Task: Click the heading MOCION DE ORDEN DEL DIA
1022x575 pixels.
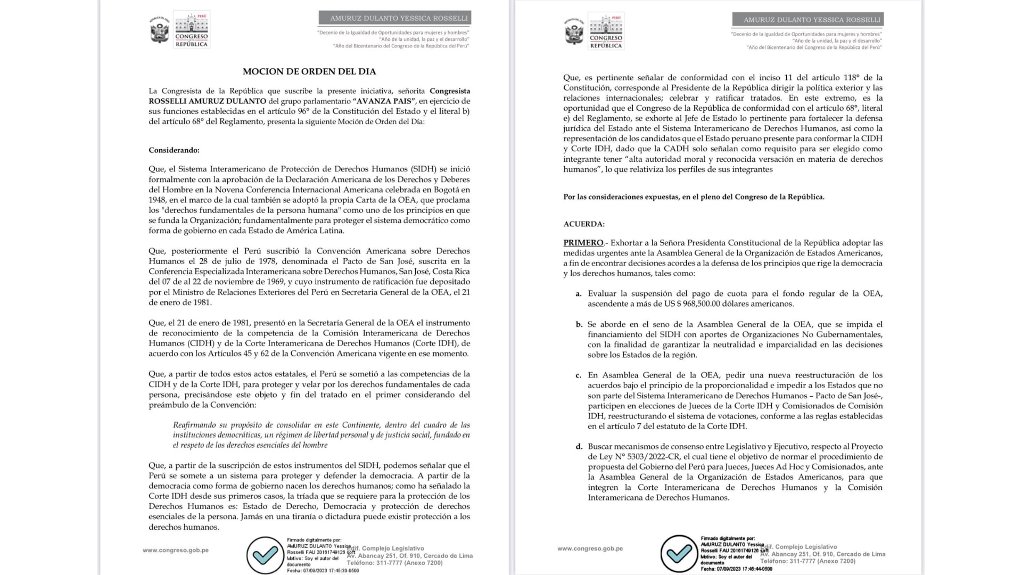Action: pos(309,71)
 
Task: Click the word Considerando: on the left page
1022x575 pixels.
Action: pos(174,150)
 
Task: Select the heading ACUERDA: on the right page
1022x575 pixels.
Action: pos(584,224)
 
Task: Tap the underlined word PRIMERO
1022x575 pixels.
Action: pos(583,243)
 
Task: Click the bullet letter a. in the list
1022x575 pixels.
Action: pos(578,294)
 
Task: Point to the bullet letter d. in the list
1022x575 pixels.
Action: pos(579,447)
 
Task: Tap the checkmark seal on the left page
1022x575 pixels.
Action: pos(265,555)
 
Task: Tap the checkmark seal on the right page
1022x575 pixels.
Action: pos(679,554)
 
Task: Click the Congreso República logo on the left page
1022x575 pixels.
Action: pos(191,30)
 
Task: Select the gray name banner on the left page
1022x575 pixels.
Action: pos(394,18)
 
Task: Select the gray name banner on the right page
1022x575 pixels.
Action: pos(807,20)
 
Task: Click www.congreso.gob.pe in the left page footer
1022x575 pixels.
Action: pos(176,550)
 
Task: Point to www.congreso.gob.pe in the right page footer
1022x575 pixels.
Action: pos(590,548)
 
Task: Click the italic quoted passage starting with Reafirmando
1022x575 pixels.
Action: pos(321,435)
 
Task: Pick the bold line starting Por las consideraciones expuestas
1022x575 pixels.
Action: pos(694,197)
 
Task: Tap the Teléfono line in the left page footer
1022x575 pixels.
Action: pos(394,563)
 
